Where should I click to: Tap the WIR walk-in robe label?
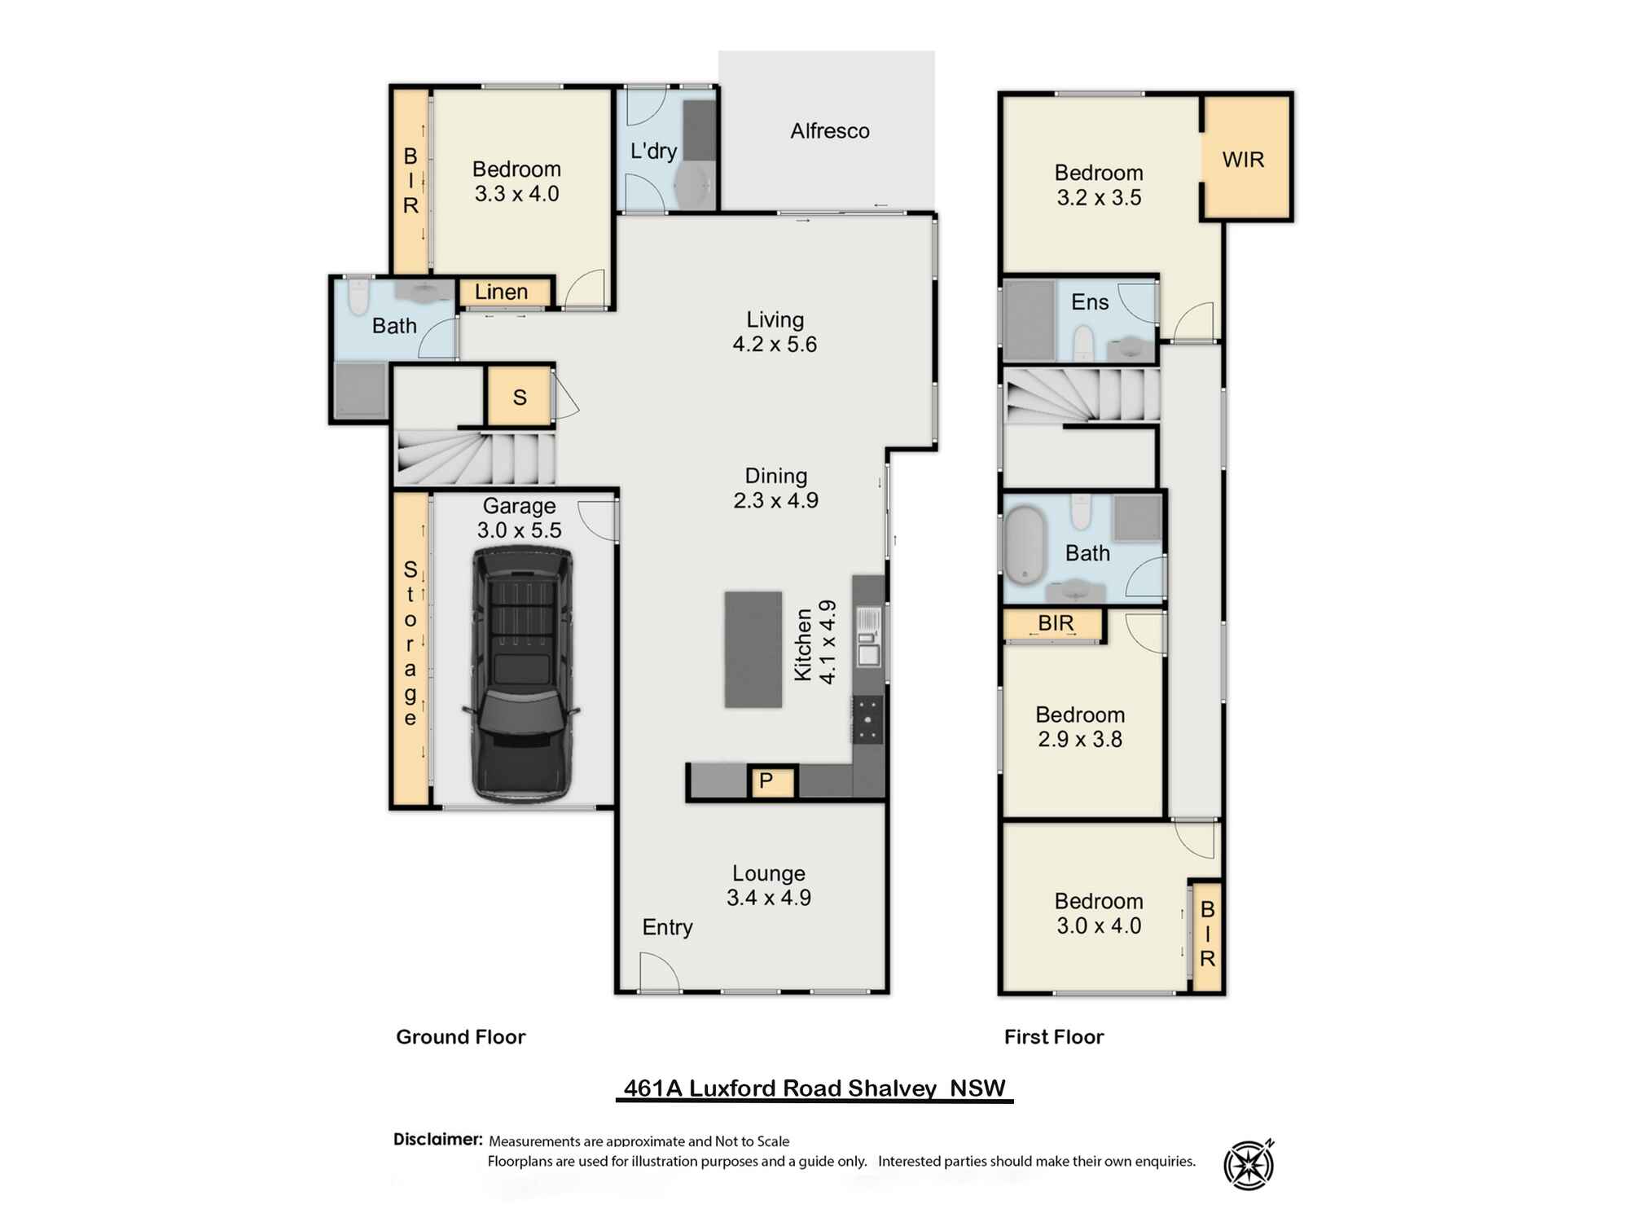point(1243,160)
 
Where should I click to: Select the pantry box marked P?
point(766,781)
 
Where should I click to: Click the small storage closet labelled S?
point(520,398)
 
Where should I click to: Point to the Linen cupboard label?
point(501,292)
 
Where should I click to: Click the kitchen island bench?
point(753,649)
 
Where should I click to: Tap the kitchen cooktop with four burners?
point(867,719)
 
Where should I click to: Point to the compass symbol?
point(1249,1164)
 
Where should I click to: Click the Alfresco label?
point(829,131)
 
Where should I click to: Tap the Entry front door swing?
point(659,973)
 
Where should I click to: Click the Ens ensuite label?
point(1089,302)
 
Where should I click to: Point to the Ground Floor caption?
point(460,1036)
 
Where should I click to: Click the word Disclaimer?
point(437,1139)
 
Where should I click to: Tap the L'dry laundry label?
point(653,151)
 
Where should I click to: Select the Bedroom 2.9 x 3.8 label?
point(1080,727)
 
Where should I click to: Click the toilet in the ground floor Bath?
point(358,297)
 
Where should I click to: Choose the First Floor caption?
point(1053,1036)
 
